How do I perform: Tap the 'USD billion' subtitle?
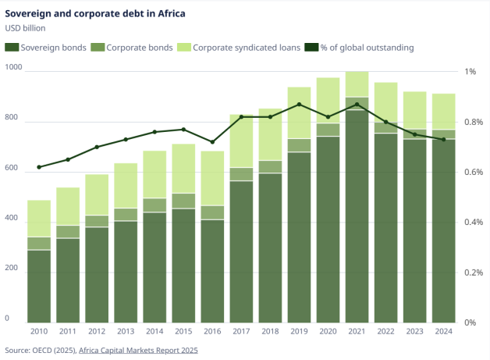point(26,29)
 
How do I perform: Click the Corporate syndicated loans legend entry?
point(239,48)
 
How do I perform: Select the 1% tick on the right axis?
point(470,72)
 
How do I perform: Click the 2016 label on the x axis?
point(212,331)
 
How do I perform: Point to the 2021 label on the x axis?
point(357,331)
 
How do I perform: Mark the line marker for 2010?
point(39,167)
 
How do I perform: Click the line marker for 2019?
point(299,104)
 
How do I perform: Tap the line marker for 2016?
point(212,142)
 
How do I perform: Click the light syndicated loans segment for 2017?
point(241,141)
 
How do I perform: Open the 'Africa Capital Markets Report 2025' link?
point(138,351)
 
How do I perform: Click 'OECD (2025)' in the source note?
point(53,351)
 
